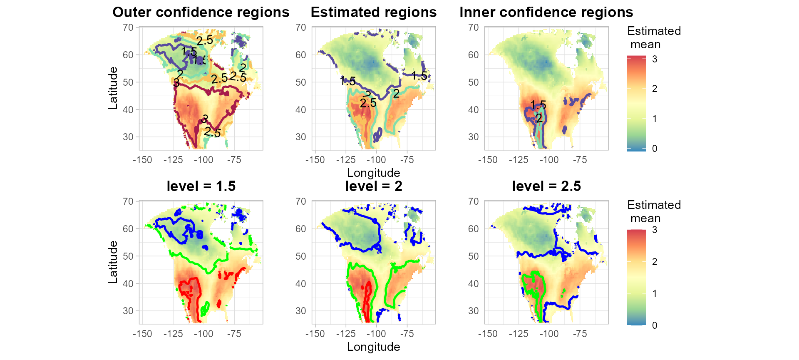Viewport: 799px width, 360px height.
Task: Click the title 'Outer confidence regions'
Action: [x=201, y=12]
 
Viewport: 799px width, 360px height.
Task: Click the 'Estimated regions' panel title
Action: [x=373, y=12]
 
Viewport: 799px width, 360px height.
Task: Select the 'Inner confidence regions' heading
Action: [x=546, y=12]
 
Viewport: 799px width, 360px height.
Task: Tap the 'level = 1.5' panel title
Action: [x=201, y=186]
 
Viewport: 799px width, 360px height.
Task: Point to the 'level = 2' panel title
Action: [x=374, y=186]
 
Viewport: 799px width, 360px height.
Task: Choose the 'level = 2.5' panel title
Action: [x=546, y=186]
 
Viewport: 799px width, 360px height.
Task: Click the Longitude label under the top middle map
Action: [x=373, y=173]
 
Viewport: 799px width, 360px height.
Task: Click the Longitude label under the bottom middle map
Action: [x=373, y=347]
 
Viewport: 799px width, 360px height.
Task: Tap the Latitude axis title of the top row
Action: [x=113, y=88]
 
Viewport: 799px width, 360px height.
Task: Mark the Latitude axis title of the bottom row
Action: [x=113, y=262]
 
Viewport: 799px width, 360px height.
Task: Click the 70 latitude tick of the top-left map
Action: [x=128, y=27]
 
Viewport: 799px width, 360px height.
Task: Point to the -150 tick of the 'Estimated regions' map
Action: [x=315, y=160]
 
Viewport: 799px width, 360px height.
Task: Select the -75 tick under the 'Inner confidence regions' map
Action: [x=580, y=160]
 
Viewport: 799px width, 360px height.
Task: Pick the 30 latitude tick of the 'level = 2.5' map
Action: [x=474, y=311]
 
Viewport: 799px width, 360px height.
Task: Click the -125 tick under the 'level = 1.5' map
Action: [x=173, y=334]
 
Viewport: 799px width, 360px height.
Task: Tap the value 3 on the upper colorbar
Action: [x=655, y=59]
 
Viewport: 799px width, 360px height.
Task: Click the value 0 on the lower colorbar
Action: [x=655, y=325]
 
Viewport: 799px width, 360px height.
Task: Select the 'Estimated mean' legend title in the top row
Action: [x=654, y=37]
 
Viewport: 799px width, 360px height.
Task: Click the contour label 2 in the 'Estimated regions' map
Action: [x=396, y=93]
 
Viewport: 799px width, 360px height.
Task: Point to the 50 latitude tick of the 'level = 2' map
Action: [x=301, y=256]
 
